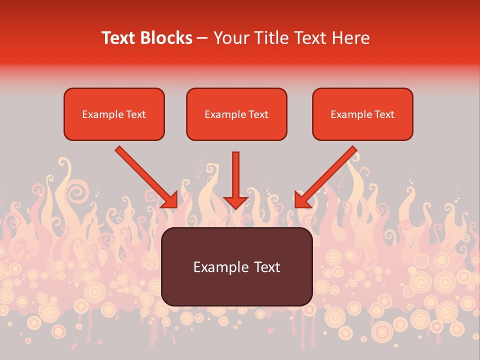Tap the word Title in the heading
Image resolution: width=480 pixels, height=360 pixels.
pos(268,38)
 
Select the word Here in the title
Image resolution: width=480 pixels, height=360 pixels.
pos(350,38)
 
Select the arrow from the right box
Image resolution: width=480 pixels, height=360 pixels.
pos(330,172)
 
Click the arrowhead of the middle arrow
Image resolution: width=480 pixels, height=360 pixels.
pos(235,202)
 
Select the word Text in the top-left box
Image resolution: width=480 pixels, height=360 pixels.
pos(135,114)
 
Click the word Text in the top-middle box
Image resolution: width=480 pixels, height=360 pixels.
pos(258,114)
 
